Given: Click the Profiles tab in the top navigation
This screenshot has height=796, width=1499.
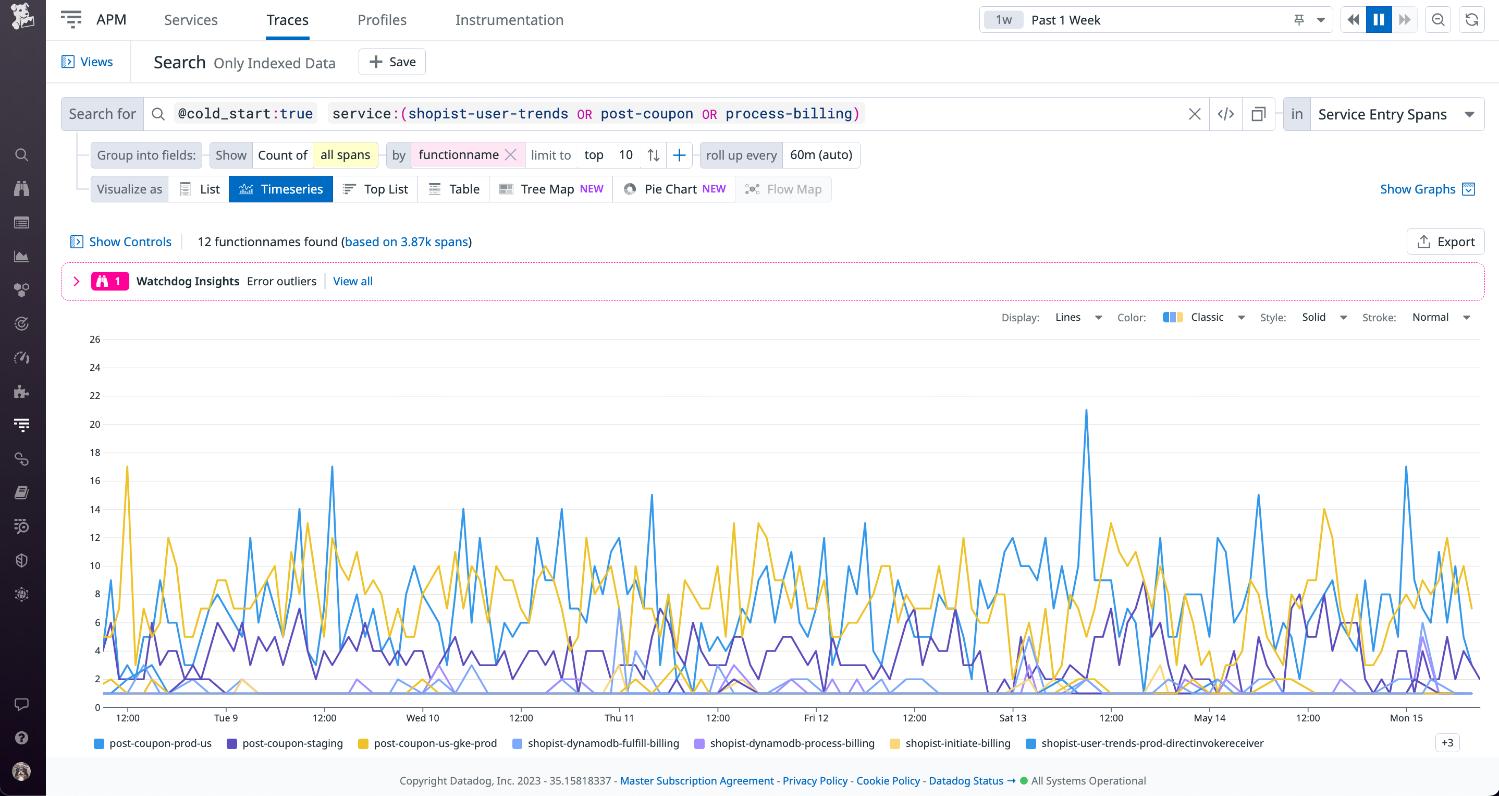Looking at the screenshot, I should pos(382,20).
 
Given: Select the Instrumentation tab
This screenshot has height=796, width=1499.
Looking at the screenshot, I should pos(509,20).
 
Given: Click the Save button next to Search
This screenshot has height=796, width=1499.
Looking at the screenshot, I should pos(392,62).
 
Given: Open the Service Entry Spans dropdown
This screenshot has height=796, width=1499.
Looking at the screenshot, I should pos(1394,114).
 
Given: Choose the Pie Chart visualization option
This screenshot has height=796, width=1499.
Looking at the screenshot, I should pos(674,189).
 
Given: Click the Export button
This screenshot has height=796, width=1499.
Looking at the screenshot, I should pos(1445,242).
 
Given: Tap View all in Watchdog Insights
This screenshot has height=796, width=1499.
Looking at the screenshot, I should pos(353,281).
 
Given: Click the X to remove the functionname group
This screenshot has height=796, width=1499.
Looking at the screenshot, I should pos(510,155).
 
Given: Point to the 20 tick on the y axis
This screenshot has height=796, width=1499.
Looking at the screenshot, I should pos(95,425).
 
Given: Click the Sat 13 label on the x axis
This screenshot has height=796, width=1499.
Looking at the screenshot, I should pos(1013,718).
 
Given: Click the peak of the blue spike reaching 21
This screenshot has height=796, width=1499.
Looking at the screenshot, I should pos(1086,411).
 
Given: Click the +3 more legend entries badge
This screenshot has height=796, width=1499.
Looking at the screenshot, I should pos(1447,743).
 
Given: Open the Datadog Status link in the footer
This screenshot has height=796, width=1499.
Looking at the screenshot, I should pos(965,781).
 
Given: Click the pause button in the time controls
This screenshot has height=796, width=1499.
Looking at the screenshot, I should pos(1379,20).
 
